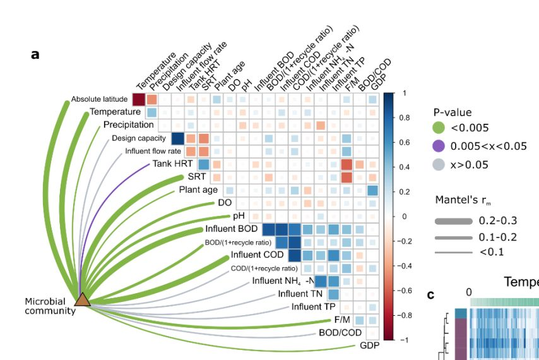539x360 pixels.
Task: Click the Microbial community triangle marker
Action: pyautogui.click(x=82, y=299)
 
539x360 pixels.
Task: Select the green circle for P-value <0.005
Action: pyautogui.click(x=440, y=129)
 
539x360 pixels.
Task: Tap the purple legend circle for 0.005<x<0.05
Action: pyautogui.click(x=440, y=147)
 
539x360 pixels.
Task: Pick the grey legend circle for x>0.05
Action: pyautogui.click(x=440, y=164)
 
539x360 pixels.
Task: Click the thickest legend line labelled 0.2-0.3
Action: pyautogui.click(x=453, y=221)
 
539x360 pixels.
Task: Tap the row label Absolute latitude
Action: pyautogui.click(x=99, y=99)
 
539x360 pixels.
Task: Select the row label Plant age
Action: pyautogui.click(x=198, y=190)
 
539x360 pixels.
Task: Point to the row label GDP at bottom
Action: pyautogui.click(x=370, y=345)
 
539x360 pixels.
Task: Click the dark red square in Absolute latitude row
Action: pyautogui.click(x=138, y=99)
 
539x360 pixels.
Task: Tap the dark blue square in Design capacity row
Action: pyautogui.click(x=177, y=138)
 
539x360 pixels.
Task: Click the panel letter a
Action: pyautogui.click(x=35, y=54)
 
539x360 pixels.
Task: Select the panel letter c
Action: pyautogui.click(x=431, y=294)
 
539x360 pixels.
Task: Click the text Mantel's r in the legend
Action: pyautogui.click(x=460, y=200)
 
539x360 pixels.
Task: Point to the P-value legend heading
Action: pyautogui.click(x=452, y=112)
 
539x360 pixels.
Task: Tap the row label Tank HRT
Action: pyautogui.click(x=172, y=164)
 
